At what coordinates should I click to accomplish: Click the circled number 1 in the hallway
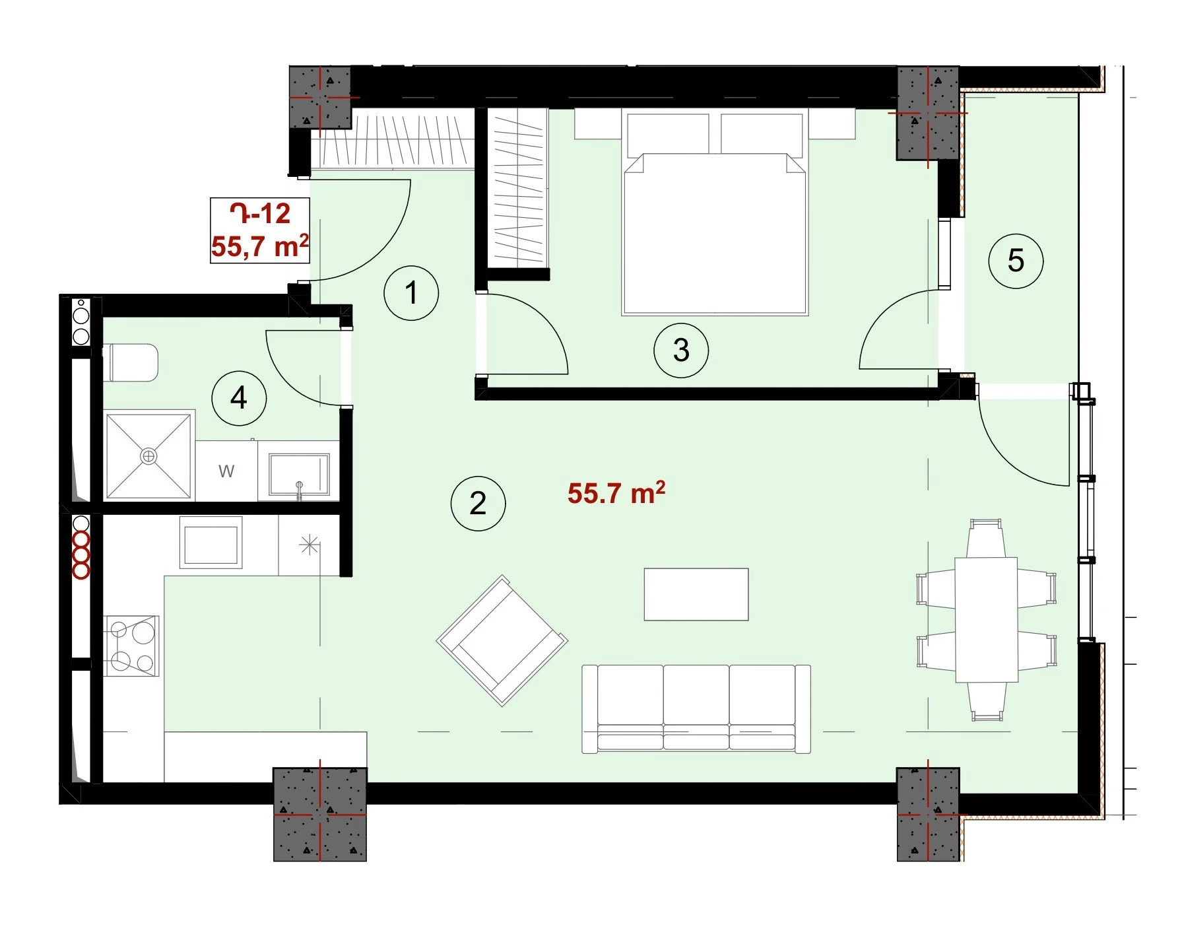pos(411,293)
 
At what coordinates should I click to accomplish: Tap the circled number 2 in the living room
pos(478,504)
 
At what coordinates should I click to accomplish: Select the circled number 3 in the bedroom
pos(681,350)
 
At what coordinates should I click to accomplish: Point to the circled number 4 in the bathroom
pos(239,398)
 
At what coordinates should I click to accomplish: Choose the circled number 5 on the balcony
pos(1016,261)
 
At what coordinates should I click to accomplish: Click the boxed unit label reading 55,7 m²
pos(260,246)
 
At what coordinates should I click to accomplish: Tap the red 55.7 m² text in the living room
pos(616,493)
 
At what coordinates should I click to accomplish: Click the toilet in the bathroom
pos(132,362)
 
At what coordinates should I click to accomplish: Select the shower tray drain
pos(148,456)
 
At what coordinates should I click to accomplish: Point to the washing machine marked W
pos(226,471)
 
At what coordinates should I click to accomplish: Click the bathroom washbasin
pos(299,473)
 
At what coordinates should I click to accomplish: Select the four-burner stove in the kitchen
pos(132,646)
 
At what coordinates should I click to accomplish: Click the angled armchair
pos(502,640)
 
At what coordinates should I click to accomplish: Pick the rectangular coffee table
pos(696,594)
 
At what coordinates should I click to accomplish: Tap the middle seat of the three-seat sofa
pos(696,708)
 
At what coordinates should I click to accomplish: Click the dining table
pos(987,619)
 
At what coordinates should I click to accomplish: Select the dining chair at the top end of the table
pos(986,538)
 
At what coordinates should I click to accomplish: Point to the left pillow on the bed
pos(668,134)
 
